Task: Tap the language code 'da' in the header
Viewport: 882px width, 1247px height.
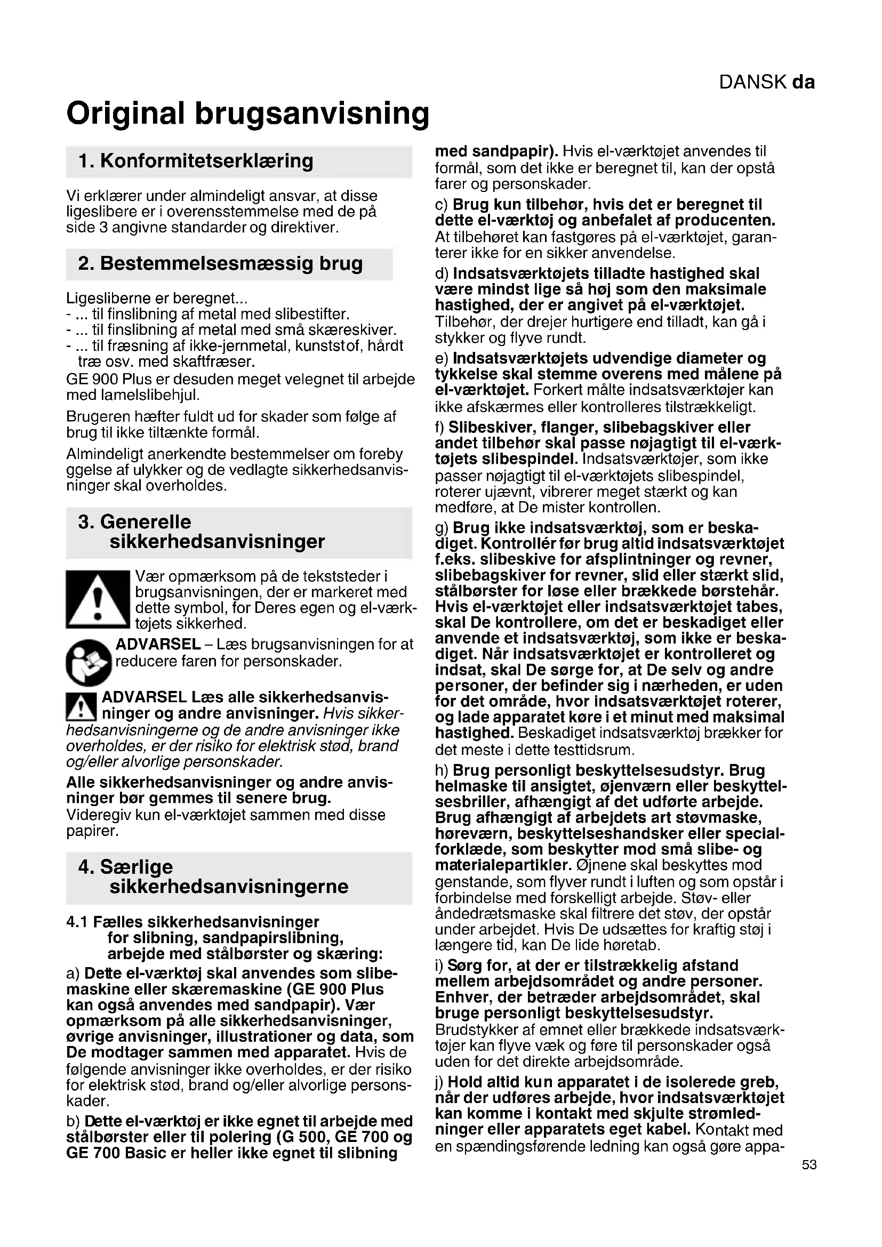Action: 803,82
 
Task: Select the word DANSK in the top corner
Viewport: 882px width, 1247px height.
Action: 753,82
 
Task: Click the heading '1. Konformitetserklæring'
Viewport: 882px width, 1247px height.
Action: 196,161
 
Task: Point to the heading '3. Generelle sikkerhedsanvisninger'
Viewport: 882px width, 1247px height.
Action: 201,532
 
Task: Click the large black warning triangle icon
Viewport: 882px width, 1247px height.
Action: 98,600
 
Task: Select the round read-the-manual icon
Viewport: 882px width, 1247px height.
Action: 89,662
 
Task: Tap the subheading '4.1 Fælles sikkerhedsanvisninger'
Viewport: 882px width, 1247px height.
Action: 193,922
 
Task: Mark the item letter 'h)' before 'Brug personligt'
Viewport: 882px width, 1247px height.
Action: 442,771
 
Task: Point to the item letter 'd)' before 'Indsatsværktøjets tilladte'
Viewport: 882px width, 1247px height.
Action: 442,273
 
